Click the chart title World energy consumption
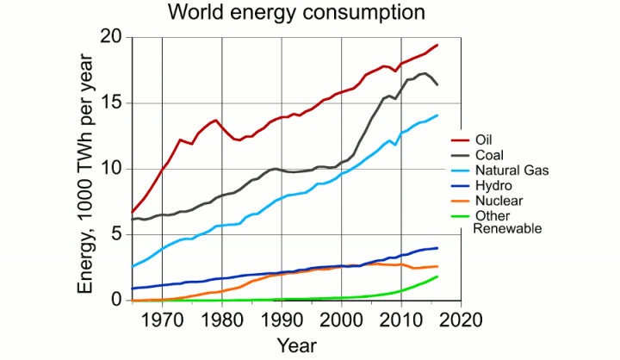[296, 13]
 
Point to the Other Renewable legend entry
[508, 222]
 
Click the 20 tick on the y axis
[110, 37]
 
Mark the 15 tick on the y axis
[110, 103]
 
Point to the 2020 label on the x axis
[461, 318]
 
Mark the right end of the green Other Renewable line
[437, 276]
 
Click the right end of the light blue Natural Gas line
[437, 115]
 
